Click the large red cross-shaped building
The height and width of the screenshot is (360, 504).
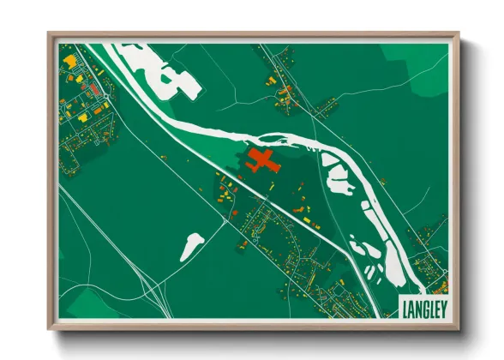[x=261, y=160]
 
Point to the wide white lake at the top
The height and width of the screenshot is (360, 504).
[x=159, y=69]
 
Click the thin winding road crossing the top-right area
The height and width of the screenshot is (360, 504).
[x=343, y=94]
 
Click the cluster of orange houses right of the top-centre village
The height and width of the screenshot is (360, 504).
[x=324, y=106]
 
